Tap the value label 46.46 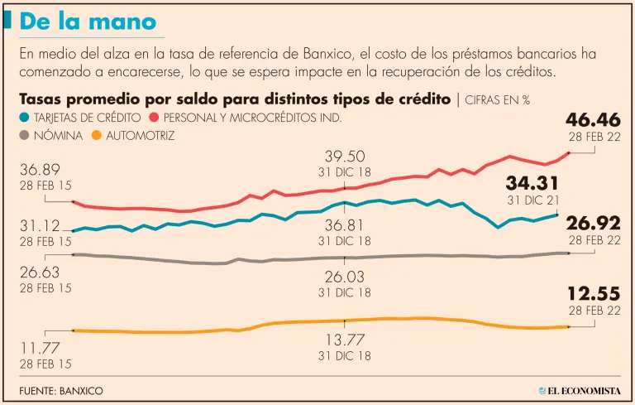click(594, 120)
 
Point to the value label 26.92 click(594, 223)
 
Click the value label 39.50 click(345, 157)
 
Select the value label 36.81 click(345, 224)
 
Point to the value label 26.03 click(345, 277)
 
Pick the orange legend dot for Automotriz click(98, 135)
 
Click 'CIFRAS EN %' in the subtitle click(498, 100)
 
